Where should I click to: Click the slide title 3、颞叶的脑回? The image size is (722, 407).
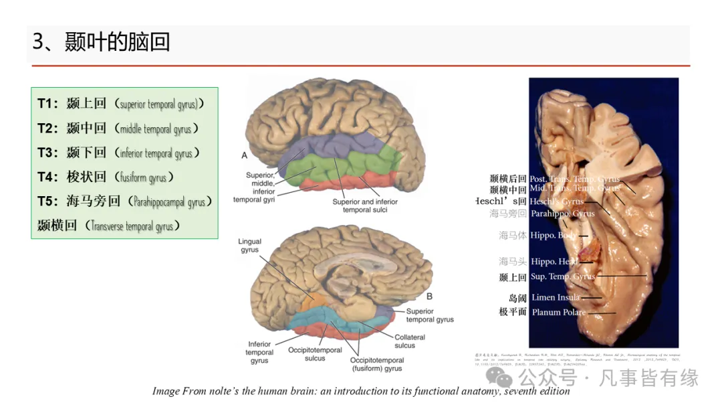101,42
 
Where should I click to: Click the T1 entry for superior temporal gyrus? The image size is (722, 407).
121,104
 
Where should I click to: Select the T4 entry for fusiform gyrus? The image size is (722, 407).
106,177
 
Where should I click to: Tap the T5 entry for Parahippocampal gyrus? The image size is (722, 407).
125,201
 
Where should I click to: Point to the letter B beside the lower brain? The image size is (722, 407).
429,296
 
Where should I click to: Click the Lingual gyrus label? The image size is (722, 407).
251,246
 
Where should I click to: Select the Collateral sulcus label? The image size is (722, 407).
409,341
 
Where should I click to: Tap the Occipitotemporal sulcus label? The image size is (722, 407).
315,354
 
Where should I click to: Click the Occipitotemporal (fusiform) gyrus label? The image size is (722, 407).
376,364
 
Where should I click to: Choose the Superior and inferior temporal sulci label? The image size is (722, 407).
364,206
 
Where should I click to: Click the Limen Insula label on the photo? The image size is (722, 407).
556,298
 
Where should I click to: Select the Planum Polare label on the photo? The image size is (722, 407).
558,312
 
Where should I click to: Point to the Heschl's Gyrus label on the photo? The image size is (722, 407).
556,201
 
